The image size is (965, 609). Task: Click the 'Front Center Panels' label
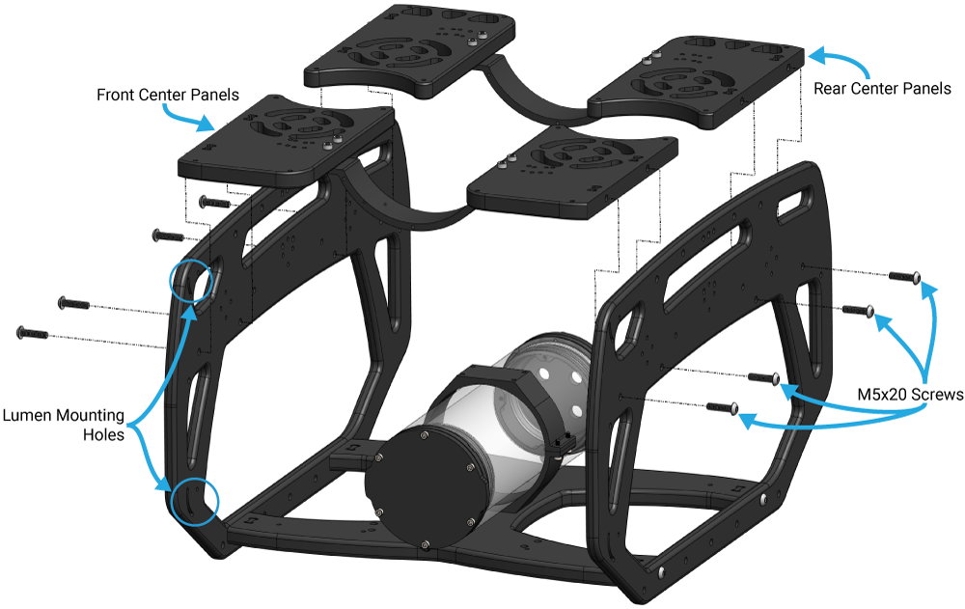tap(167, 96)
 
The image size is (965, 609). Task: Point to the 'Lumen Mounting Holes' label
tap(63, 425)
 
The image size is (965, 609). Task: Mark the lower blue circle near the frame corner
tap(195, 501)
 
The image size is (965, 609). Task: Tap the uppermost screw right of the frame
tap(903, 277)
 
